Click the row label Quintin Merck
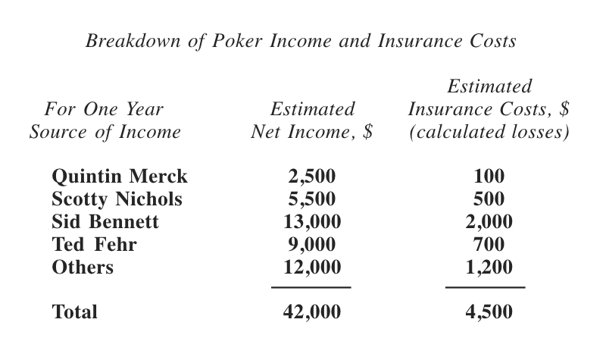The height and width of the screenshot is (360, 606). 119,177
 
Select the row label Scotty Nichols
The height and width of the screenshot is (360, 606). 117,199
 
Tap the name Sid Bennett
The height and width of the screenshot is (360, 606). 105,222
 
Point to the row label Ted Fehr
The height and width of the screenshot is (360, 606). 94,244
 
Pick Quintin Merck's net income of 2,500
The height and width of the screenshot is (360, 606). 311,177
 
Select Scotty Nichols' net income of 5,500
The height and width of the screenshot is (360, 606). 311,199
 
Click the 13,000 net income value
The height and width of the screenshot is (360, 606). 311,222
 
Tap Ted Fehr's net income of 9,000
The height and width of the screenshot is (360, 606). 311,244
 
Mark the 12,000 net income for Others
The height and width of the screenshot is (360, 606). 311,267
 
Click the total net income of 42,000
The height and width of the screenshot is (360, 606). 311,311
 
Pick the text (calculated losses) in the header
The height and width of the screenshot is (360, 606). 489,132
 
